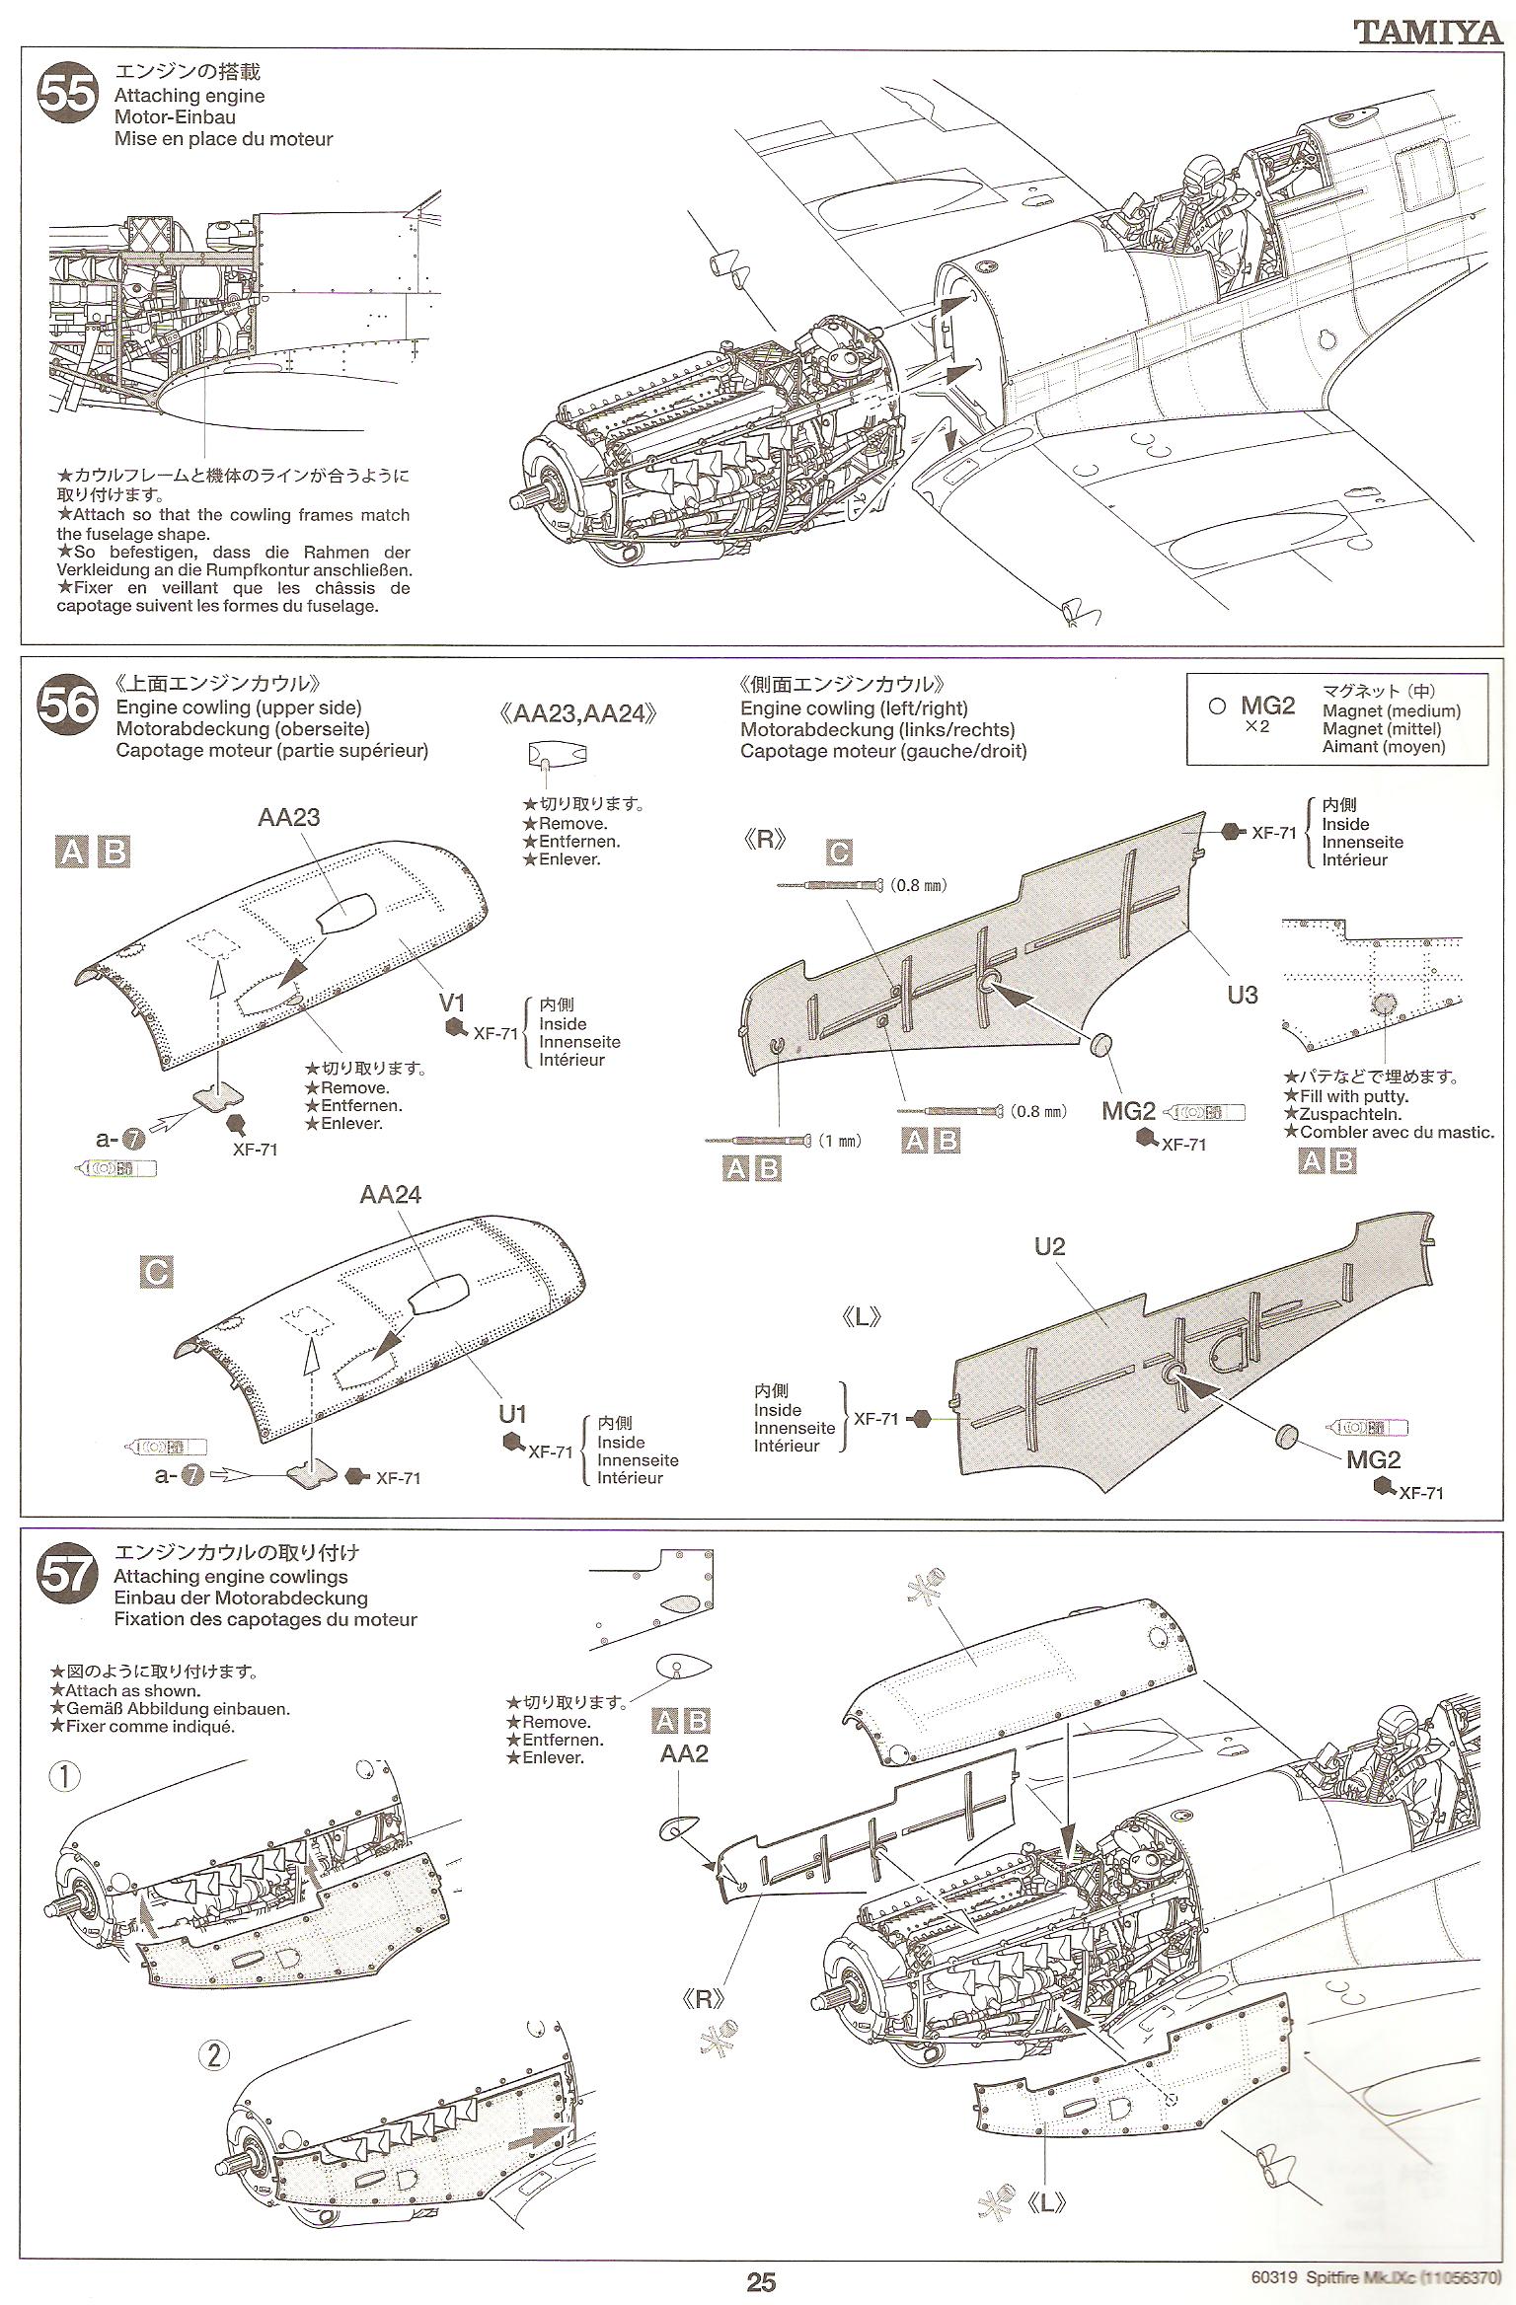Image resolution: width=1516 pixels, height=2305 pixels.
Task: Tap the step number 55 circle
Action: coord(68,94)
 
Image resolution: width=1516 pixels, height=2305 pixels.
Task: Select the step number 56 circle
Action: coord(68,706)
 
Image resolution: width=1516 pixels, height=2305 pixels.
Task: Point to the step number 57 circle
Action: coord(68,1575)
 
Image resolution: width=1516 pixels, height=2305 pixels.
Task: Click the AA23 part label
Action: coord(289,817)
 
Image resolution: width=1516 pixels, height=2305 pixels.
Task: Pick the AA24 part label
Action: coord(391,1194)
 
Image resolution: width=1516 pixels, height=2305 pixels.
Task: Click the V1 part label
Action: coord(451,1003)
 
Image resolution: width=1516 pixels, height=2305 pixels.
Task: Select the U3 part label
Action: coord(1242,995)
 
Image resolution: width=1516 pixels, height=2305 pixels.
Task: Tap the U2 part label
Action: coord(1050,1246)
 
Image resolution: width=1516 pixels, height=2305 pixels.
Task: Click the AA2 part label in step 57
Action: coord(684,1753)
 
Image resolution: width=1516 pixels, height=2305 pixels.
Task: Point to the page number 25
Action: coord(760,2282)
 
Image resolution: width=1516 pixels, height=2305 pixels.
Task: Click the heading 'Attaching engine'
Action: coord(189,96)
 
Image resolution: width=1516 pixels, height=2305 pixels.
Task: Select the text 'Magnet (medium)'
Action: coord(1392,711)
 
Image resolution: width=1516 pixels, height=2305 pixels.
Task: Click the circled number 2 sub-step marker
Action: coord(214,2055)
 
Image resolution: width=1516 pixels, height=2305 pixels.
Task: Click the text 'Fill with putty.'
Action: coord(1353,1096)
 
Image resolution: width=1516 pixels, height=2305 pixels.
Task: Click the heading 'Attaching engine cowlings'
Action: coord(231,1577)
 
